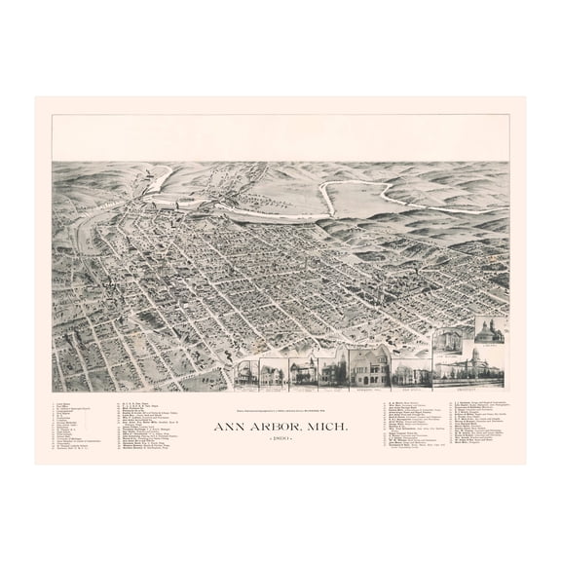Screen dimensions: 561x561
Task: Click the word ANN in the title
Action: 233,399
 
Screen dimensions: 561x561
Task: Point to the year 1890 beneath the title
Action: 280,415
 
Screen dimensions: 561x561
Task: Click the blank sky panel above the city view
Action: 280,138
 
